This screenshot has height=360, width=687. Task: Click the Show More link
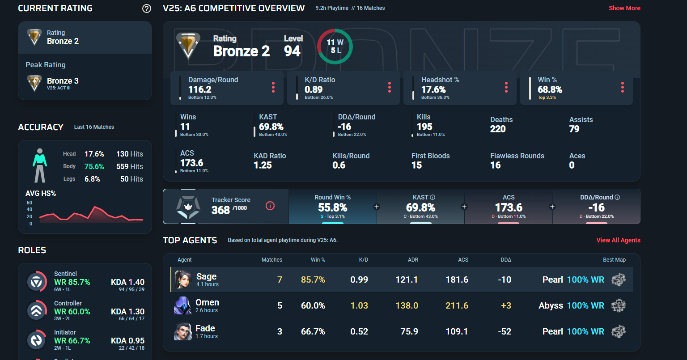coord(624,8)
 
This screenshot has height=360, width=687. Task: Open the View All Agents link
coord(618,240)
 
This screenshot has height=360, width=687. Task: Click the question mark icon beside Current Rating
coord(146,8)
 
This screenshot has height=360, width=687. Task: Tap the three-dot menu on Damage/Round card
coord(273,87)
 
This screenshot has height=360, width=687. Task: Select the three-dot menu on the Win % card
coord(622,87)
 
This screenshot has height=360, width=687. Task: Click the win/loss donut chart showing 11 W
coord(335,47)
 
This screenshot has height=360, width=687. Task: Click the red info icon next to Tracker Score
coord(270,206)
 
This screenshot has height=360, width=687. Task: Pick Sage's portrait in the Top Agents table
coord(182,280)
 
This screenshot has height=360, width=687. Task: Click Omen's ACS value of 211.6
coord(457,305)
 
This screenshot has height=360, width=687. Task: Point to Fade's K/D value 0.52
coord(360,331)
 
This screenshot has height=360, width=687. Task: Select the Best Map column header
coord(614,260)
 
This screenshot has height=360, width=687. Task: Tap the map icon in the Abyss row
coord(619,305)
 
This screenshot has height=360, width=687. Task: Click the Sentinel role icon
coord(35,282)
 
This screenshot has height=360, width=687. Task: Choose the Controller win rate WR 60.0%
coord(72,311)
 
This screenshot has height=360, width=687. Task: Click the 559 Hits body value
coord(130,166)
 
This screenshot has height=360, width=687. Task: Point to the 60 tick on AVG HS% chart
coord(30,203)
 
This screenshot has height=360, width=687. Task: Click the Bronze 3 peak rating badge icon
coord(34,83)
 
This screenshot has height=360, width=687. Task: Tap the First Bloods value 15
coord(416,165)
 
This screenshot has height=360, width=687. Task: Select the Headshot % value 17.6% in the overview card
coord(433,89)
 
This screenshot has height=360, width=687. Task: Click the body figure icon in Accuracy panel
coord(40,165)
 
